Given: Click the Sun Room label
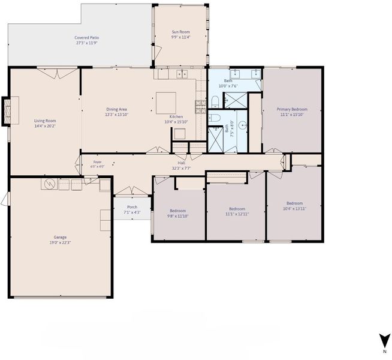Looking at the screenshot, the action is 180,32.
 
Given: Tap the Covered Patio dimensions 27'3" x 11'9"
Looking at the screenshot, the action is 86,43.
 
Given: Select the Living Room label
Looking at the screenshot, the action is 45,121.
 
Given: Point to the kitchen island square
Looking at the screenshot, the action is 166,103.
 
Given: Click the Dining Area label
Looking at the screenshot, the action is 116,109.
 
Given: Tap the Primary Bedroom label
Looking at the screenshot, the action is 292,109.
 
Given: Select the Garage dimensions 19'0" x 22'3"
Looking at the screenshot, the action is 60,242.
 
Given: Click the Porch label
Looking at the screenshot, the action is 132,207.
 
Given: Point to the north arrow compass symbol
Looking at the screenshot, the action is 385,340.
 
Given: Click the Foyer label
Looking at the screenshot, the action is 98,162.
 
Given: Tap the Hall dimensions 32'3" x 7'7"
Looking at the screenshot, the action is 181,169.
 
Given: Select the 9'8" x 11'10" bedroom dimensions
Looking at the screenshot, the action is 178,216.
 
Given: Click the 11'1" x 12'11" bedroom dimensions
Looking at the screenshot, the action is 237,214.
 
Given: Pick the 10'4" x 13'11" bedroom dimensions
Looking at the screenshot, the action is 294,209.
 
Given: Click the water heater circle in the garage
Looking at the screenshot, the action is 49,184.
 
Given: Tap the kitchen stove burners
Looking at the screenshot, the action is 201,107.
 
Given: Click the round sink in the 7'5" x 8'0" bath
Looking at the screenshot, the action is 243,124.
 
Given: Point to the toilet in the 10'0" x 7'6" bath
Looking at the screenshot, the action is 215,102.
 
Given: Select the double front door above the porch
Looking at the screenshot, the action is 132,191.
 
